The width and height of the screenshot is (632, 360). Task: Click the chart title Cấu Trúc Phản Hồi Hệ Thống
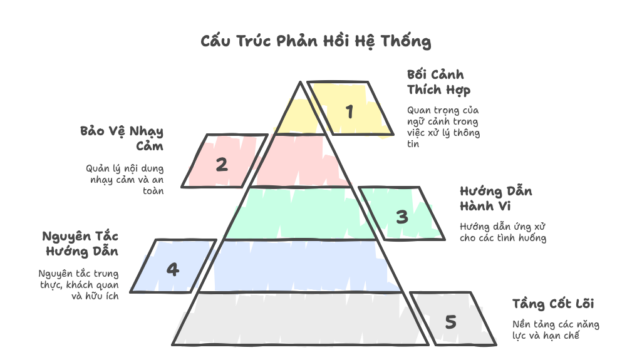[316, 41]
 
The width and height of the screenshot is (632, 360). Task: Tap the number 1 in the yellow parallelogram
[350, 111]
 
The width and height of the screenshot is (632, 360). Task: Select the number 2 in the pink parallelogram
[222, 164]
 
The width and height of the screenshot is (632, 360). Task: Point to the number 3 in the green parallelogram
[402, 217]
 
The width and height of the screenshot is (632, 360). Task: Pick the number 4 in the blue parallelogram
[173, 269]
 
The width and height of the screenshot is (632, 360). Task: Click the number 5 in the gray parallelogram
[450, 322]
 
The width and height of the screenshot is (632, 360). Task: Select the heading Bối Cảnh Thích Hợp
[438, 83]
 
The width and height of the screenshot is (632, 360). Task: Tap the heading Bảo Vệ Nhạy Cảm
[122, 138]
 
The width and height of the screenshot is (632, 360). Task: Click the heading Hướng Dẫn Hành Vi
[495, 198]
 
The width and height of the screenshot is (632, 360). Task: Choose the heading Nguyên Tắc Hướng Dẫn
[80, 244]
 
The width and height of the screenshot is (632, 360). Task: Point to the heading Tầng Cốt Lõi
[553, 304]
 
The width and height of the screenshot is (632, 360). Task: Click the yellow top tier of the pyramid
[300, 115]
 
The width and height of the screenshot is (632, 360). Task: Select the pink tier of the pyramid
[300, 161]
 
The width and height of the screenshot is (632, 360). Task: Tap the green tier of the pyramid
[300, 214]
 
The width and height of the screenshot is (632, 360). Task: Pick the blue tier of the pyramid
[300, 266]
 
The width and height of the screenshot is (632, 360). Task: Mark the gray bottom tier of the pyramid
[300, 319]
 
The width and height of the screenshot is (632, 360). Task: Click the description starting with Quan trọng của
[443, 127]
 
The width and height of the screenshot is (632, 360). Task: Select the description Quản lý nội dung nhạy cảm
[125, 180]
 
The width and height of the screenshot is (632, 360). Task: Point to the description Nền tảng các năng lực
[556, 330]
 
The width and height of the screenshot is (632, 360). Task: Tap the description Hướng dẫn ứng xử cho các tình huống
[503, 232]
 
